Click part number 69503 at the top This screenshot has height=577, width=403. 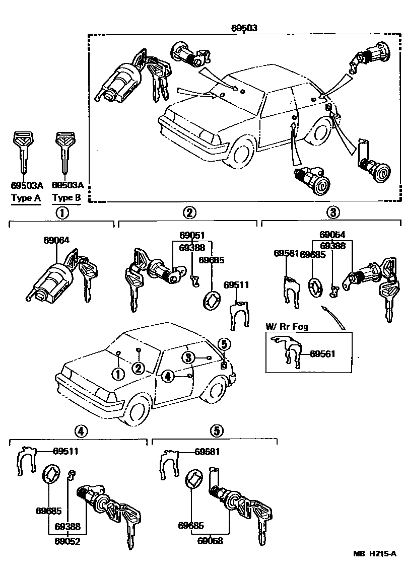(244, 28)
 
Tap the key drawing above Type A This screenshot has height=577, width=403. (22, 151)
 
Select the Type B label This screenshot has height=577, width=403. (66, 198)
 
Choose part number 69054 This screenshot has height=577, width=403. (332, 235)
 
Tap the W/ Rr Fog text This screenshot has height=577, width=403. (287, 327)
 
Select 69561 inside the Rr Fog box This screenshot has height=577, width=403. (322, 354)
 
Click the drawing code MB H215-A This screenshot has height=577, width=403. (374, 568)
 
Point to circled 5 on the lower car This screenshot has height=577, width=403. (224, 344)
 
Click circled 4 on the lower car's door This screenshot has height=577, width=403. (168, 375)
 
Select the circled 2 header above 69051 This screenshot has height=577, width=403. (189, 212)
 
